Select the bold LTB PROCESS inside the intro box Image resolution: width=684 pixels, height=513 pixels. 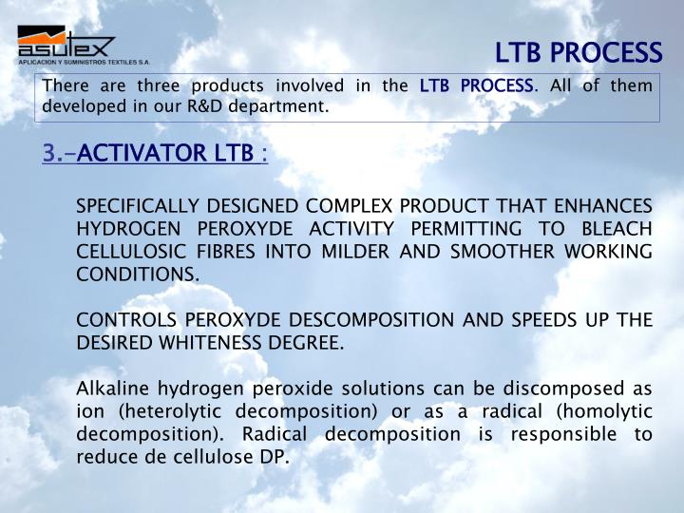(x=476, y=86)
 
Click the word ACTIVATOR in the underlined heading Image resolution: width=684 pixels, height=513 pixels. (x=132, y=153)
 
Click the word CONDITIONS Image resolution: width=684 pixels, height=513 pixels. (x=137, y=275)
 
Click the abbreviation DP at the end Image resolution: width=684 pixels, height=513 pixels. (x=276, y=457)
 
